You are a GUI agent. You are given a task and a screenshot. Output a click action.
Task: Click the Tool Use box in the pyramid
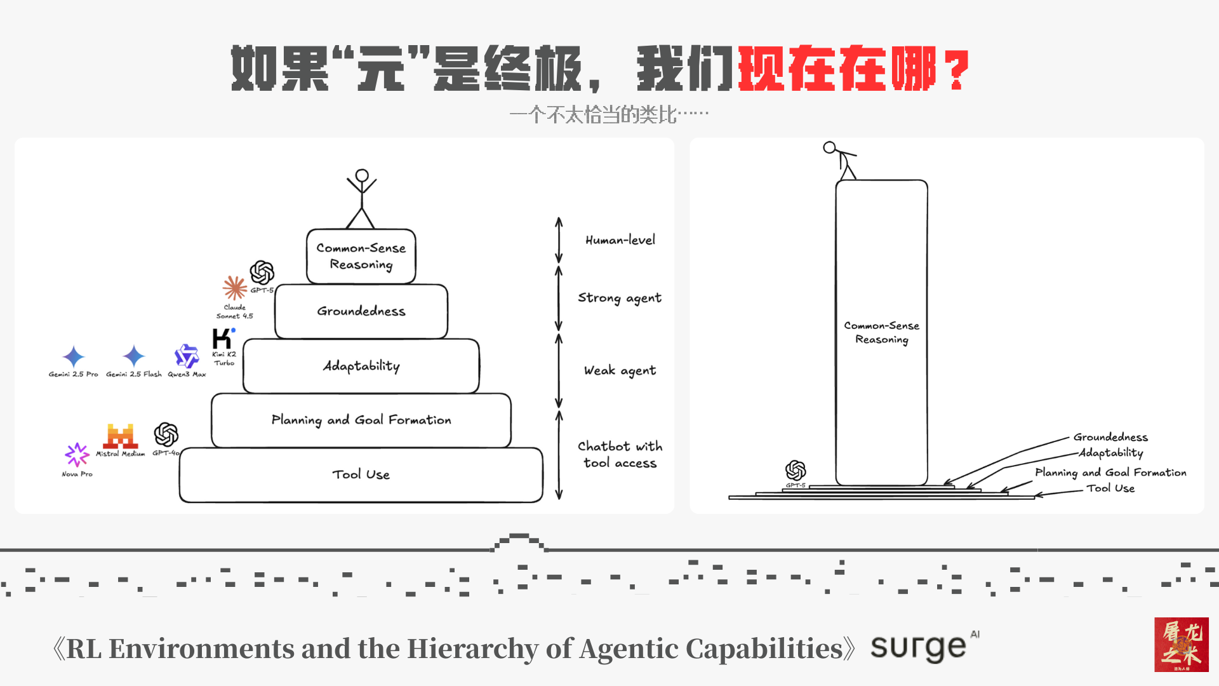pyautogui.click(x=361, y=474)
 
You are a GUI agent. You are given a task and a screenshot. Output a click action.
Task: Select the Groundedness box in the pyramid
pyautogui.click(x=361, y=311)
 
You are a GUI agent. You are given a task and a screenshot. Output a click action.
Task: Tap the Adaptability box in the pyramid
pyautogui.click(x=361, y=366)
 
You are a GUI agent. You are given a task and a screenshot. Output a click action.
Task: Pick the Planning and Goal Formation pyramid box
pyautogui.click(x=361, y=420)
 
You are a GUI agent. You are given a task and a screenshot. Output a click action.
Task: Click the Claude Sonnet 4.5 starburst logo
pyautogui.click(x=235, y=288)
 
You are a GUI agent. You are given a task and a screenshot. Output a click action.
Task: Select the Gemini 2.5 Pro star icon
pyautogui.click(x=74, y=357)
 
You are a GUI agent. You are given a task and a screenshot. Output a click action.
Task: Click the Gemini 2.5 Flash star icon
pyautogui.click(x=134, y=356)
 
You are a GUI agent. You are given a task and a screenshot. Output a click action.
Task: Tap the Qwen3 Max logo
pyautogui.click(x=187, y=356)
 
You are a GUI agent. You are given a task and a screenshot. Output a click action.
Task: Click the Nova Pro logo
pyautogui.click(x=77, y=455)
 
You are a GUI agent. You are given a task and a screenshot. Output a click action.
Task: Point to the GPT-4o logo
pyautogui.click(x=166, y=435)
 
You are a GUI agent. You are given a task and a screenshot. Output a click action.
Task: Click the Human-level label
pyautogui.click(x=620, y=240)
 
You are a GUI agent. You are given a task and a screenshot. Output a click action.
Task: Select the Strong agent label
pyautogui.click(x=619, y=298)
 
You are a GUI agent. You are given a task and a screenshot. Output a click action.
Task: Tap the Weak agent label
pyautogui.click(x=620, y=370)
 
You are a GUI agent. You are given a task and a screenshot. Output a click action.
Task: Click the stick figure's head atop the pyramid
pyautogui.click(x=362, y=175)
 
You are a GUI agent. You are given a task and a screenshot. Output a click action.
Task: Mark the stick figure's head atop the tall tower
pyautogui.click(x=829, y=148)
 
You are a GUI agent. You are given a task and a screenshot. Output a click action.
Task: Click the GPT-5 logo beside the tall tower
pyautogui.click(x=796, y=471)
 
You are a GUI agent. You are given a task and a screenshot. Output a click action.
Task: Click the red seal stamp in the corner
pyautogui.click(x=1181, y=644)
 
